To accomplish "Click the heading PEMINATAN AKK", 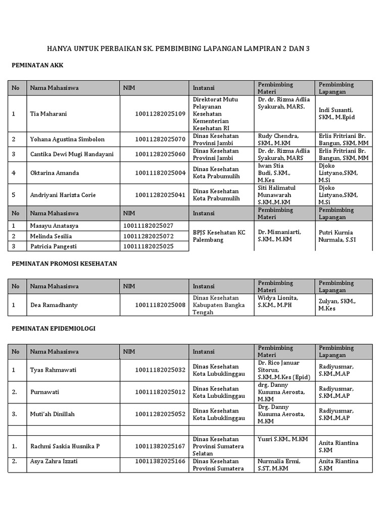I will [37, 66].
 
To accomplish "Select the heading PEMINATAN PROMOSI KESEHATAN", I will [64, 264].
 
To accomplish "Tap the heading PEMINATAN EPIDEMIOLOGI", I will [54, 328].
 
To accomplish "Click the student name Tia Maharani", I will [48, 114].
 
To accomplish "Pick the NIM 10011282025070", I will [160, 139].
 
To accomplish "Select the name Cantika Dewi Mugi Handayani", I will [72, 154].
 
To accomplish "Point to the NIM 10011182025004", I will [160, 173].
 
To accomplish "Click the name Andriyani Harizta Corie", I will [63, 195].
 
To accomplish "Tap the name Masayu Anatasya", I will [54, 226].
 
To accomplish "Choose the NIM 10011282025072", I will [148, 236].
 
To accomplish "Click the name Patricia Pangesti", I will [55, 246].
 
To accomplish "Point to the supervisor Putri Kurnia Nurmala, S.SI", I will [337, 236].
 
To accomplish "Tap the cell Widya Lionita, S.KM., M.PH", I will [278, 301].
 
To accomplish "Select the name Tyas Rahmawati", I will [53, 370].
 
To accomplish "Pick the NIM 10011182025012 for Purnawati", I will [160, 392].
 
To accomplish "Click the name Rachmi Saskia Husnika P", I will [65, 446].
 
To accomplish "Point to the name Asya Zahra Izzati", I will [54, 461].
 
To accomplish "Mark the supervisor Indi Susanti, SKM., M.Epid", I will [336, 114].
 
